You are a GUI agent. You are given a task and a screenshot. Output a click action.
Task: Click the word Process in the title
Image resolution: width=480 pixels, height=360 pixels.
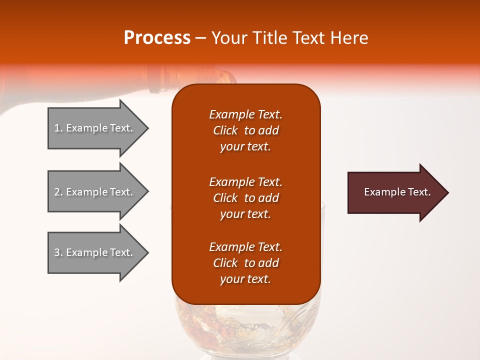(x=157, y=38)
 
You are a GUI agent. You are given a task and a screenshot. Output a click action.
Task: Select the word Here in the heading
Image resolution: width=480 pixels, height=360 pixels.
(x=348, y=38)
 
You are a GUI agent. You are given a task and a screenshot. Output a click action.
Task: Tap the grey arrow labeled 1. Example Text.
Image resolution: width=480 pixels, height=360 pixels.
(x=95, y=128)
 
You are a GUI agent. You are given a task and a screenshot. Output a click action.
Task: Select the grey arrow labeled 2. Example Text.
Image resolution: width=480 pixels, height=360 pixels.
(x=95, y=192)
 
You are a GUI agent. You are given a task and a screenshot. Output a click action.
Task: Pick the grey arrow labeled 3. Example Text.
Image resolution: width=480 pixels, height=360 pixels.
(x=95, y=252)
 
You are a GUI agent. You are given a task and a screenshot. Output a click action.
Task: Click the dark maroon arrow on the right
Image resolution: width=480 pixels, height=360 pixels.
(x=395, y=192)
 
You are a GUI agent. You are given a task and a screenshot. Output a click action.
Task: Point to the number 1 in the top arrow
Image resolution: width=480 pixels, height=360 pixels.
(x=57, y=128)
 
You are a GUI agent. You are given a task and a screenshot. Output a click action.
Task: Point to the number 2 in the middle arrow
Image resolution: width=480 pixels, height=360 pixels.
(x=57, y=192)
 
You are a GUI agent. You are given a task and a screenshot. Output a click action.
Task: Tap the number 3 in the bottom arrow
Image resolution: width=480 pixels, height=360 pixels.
(x=57, y=252)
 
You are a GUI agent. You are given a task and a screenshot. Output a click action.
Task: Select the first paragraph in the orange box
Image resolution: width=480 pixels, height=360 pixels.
(x=245, y=130)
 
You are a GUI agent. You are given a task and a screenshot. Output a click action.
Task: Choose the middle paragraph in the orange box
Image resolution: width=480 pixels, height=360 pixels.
(x=245, y=198)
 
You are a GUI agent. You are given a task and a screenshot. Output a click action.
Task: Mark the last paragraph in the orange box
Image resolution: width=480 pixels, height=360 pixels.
(x=245, y=263)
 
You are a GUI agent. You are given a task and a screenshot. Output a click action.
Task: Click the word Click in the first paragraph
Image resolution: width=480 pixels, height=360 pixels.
(x=225, y=130)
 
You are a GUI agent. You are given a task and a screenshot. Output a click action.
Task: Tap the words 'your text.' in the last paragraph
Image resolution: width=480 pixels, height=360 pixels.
(x=245, y=279)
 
